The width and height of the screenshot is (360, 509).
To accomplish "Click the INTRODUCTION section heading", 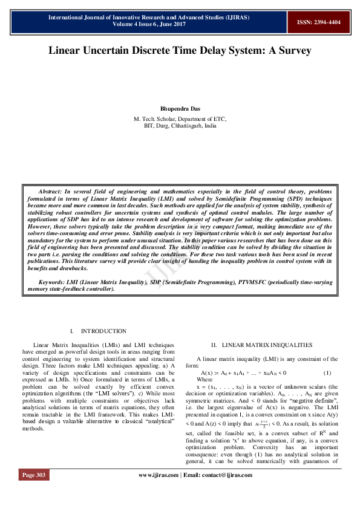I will (x=103, y=331).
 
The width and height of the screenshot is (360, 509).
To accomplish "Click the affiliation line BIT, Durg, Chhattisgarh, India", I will (x=180, y=126).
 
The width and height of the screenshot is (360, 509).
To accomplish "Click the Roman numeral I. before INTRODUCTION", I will (x=72, y=331).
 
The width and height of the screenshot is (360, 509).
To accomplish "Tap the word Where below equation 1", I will (x=205, y=379).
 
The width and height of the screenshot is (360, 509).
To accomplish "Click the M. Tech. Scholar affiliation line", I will (x=180, y=119).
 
